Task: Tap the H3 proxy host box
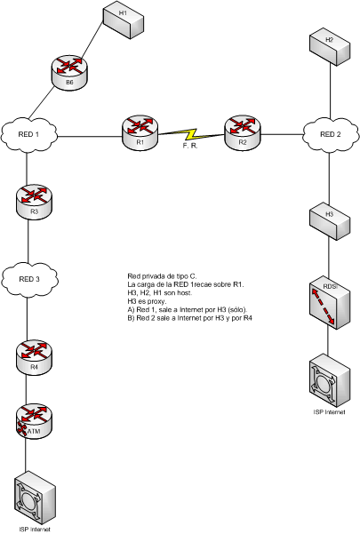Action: point(330,222)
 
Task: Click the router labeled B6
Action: point(70,73)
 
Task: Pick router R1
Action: point(140,132)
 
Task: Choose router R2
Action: point(242,132)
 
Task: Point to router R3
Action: point(34,203)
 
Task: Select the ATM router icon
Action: point(34,421)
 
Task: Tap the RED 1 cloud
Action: point(29,135)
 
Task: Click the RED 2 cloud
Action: point(331,135)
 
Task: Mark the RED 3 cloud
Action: point(29,280)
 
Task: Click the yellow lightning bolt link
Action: point(191,134)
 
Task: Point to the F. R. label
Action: point(190,145)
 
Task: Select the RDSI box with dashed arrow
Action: point(330,304)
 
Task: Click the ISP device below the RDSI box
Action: point(330,380)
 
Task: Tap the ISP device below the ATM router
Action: point(35,498)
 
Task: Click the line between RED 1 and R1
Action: point(90,137)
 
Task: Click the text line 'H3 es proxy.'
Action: point(148,301)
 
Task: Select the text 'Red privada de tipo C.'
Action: point(162,275)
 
